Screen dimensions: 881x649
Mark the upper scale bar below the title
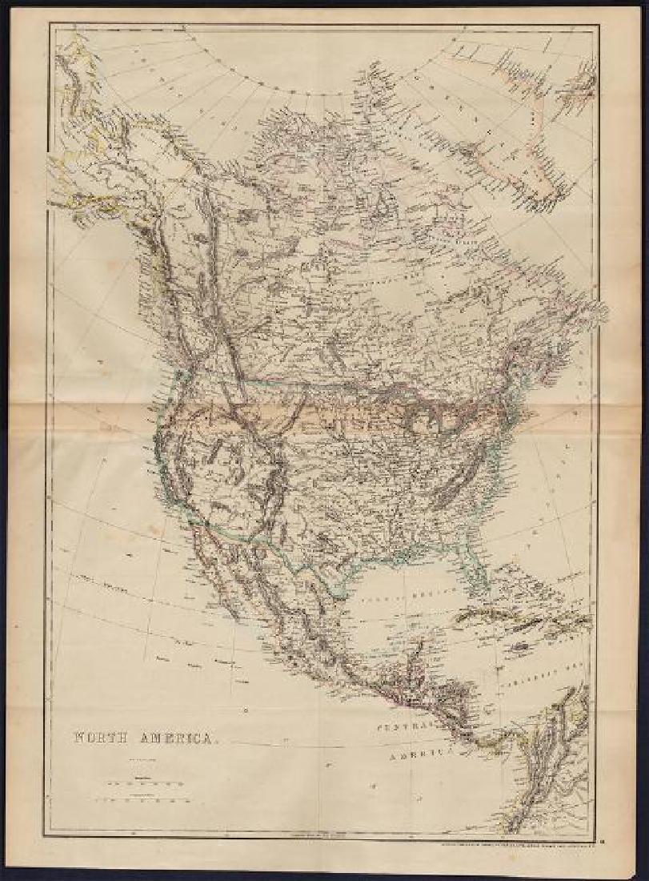[144, 782]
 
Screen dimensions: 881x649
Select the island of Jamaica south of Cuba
[520, 645]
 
